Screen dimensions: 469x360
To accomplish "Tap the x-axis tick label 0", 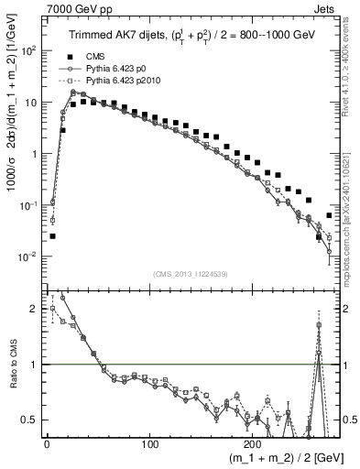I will pyautogui.click(x=47, y=443).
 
